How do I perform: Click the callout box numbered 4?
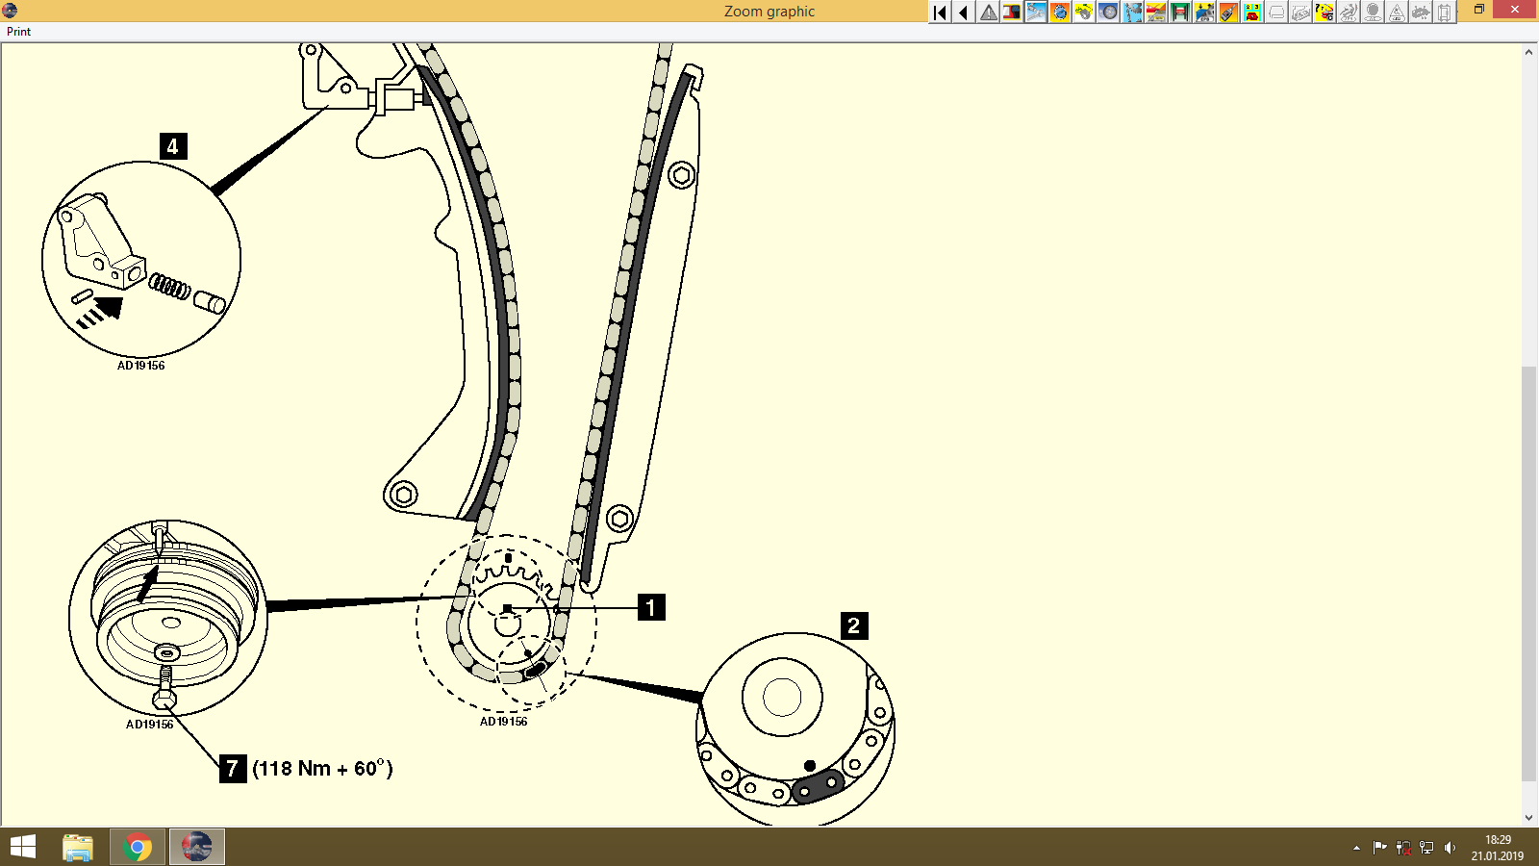[x=173, y=146]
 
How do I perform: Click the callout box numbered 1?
[x=651, y=607]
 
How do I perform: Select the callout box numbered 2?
[x=854, y=625]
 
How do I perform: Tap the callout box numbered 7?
[x=233, y=768]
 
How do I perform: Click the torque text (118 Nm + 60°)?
[x=322, y=768]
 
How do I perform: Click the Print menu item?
[x=18, y=32]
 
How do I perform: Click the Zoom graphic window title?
[x=769, y=12]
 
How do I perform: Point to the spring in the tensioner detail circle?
[x=169, y=286]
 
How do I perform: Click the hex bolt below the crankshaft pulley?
[x=164, y=696]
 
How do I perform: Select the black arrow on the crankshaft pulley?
[x=147, y=583]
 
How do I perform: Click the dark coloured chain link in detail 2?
[x=818, y=787]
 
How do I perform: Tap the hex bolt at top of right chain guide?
[x=682, y=176]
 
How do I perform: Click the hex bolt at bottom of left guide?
[x=403, y=495]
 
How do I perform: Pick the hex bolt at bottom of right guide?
[x=619, y=520]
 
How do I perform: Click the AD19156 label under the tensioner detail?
[x=141, y=366]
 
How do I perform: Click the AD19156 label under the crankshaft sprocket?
[x=503, y=722]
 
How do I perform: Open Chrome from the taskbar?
[x=138, y=848]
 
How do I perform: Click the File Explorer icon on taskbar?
[x=78, y=848]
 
